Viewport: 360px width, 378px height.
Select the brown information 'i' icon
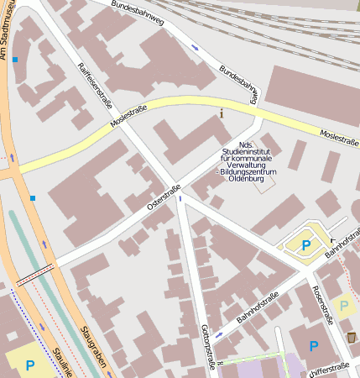(222, 113)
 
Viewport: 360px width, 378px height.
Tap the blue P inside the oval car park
(306, 244)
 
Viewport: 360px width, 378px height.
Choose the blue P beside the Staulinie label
(30, 365)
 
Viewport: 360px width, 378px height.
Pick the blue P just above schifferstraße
(313, 345)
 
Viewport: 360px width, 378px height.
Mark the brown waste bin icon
(351, 336)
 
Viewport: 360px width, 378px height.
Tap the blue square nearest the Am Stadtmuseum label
(14, 60)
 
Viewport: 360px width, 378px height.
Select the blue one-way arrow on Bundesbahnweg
(195, 47)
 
